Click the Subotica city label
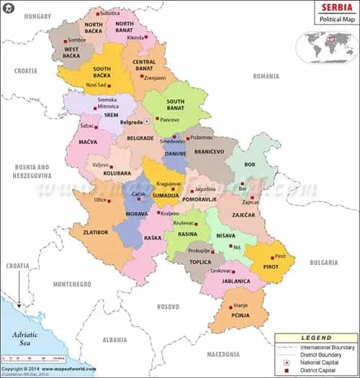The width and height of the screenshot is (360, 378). [110, 13]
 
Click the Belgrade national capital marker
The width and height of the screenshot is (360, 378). [148, 122]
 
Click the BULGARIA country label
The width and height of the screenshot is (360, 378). [324, 263]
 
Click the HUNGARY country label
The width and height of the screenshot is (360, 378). [24, 14]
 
